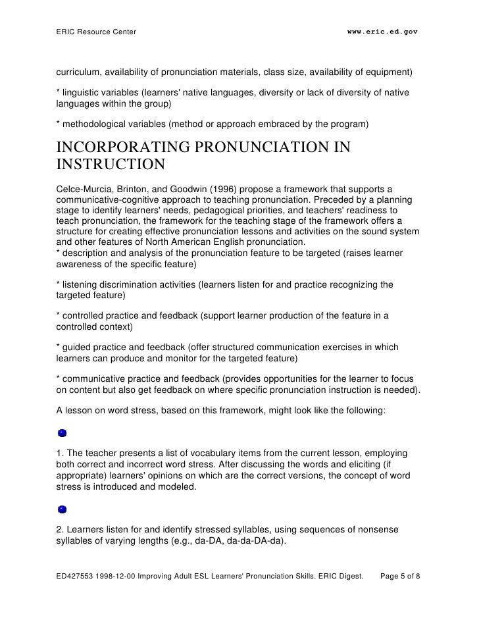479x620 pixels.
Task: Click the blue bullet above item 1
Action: click(x=62, y=433)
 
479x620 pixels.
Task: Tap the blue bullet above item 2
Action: click(x=62, y=509)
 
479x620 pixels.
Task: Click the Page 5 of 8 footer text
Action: click(x=401, y=575)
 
